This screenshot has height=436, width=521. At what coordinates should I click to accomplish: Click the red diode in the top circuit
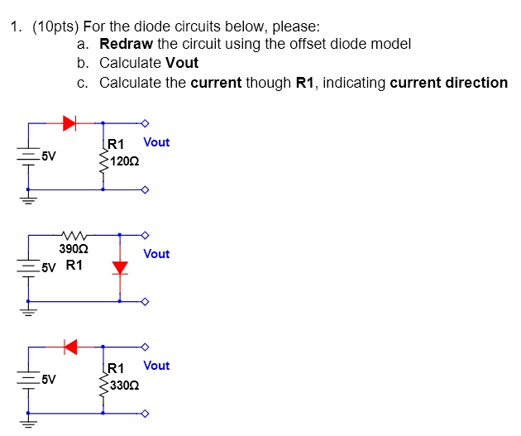point(69,123)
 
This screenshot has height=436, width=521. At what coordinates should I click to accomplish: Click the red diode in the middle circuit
point(121,267)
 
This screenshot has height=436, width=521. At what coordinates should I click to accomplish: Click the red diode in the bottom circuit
point(70,346)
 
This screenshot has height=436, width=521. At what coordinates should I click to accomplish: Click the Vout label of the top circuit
point(156,142)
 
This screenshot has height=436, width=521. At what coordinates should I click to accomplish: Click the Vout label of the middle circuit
point(156,254)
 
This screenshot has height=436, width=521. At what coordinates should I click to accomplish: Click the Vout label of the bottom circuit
point(156,366)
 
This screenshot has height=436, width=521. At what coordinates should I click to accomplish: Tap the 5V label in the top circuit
point(49,155)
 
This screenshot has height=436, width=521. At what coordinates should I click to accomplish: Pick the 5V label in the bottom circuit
point(49,380)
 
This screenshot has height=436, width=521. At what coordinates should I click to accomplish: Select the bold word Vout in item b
point(182,63)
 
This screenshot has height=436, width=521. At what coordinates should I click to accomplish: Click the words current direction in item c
point(448,83)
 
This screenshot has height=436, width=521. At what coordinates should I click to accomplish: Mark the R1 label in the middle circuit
point(74,266)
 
